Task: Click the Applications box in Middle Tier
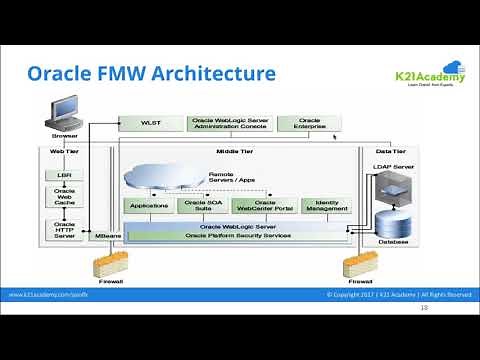pos(149,205)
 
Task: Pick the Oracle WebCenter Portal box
pos(264,205)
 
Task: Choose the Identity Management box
pos(325,205)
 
